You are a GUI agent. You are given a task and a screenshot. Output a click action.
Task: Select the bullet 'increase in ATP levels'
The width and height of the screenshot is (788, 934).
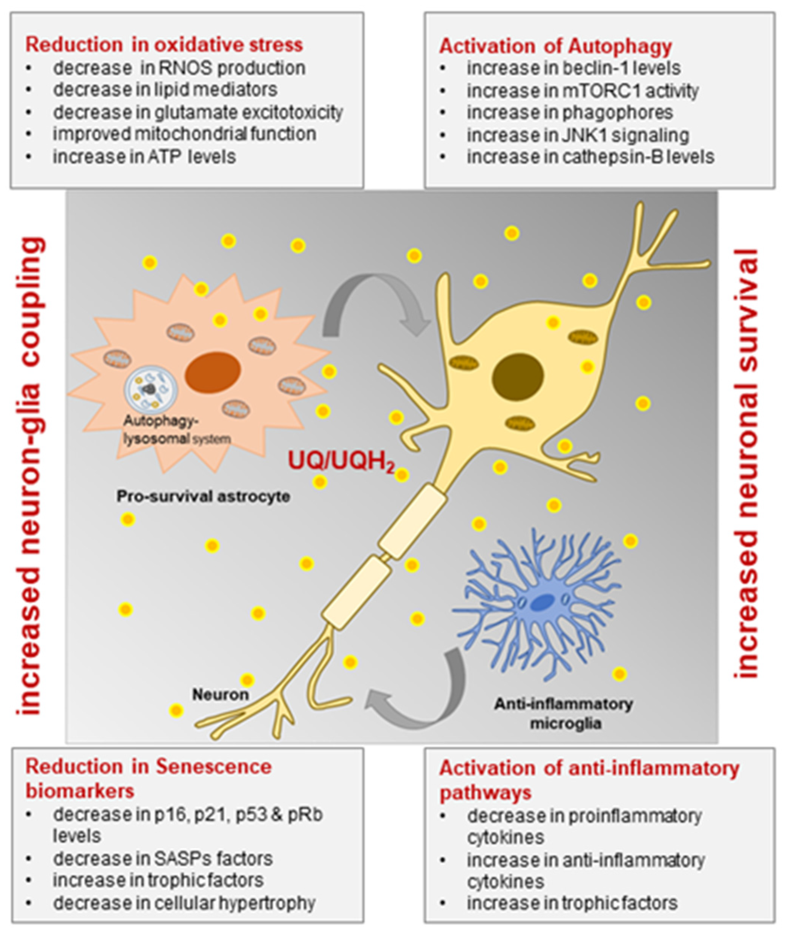(x=144, y=157)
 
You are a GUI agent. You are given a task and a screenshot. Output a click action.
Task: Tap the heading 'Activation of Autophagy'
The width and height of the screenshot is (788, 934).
(x=556, y=46)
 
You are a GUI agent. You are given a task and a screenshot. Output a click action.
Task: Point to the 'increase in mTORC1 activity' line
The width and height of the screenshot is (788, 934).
(x=583, y=90)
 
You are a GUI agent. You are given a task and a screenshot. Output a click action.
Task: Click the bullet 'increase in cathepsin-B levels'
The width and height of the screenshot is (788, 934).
(x=590, y=157)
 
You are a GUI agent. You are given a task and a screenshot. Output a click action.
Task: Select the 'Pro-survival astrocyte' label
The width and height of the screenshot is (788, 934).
(x=203, y=496)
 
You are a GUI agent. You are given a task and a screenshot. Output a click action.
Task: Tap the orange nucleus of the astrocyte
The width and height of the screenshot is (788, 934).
(x=213, y=370)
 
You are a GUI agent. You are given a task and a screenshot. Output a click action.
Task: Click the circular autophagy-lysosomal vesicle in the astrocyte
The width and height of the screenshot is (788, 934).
(x=150, y=390)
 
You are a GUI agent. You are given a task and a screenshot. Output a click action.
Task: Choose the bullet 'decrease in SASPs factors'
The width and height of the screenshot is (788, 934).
(x=163, y=858)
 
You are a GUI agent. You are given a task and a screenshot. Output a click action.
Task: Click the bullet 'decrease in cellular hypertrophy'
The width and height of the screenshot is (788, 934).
(x=184, y=903)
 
